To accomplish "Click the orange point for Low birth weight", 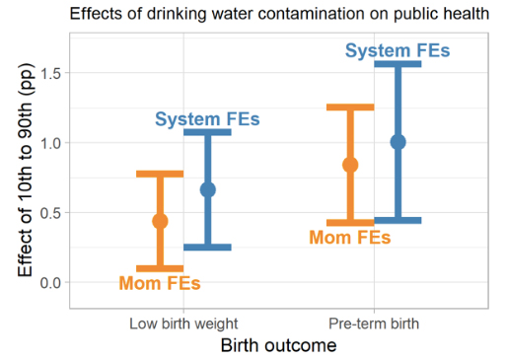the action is point(160,221).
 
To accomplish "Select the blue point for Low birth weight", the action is point(208,189).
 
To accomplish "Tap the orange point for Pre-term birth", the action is point(350,165).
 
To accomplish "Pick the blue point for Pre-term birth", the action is point(398,142).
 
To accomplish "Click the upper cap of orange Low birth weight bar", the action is point(160,174).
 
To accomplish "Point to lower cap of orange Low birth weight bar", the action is point(160,268).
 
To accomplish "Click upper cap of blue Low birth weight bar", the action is point(207,132).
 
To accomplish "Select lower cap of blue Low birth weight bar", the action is point(207,248).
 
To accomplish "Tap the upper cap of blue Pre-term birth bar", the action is point(398,64).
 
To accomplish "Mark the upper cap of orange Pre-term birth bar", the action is point(350,108).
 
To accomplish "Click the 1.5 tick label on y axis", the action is point(50,73).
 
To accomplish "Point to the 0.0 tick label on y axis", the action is point(50,283).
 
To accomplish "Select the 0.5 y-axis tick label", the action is point(50,213).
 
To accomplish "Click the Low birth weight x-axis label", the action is point(183,324).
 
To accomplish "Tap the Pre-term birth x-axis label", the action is point(374,324).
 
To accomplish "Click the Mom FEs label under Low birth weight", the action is point(160,283).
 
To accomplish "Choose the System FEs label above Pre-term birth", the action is point(398,50).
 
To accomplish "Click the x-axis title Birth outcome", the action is point(278,345).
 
